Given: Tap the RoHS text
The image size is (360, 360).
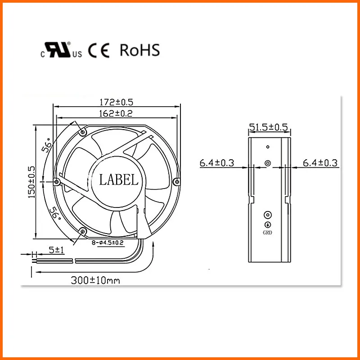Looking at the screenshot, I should [139, 50].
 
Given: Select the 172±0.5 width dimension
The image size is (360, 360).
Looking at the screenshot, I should [116, 103].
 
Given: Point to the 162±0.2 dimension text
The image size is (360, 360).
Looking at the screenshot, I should [116, 113].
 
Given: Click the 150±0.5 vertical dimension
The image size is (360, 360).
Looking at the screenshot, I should [32, 182].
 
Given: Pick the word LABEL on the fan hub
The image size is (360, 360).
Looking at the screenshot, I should [119, 180].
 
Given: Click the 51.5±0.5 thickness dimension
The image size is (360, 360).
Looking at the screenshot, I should [269, 127].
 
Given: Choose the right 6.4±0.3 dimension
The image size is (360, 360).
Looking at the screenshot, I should [320, 163].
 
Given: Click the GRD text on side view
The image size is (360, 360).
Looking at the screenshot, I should [267, 233].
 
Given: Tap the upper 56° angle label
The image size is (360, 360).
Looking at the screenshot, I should [46, 146].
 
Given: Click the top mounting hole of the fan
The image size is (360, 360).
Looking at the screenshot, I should [82, 132].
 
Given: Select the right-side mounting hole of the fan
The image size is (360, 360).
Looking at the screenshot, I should [176, 182].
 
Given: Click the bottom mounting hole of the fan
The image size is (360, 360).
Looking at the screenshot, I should [82, 231].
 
